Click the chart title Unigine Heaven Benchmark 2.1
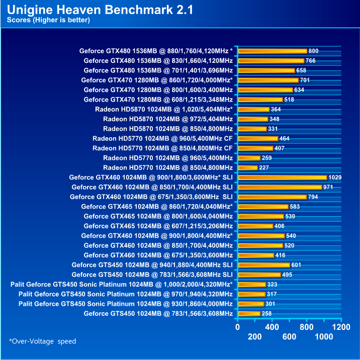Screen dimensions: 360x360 pos(100,10)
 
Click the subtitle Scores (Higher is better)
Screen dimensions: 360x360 pos(48,20)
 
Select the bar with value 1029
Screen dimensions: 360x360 pos(282,177)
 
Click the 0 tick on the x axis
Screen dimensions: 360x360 pos(238,327)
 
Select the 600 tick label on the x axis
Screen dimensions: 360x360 pos(290,337)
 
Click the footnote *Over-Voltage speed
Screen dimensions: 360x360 pos(42,341)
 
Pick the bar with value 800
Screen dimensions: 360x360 pos(272,51)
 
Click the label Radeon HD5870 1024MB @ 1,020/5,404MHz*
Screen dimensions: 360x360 pos(163,109)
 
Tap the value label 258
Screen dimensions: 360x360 pos(267,314)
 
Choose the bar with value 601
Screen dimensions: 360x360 pos(263,265)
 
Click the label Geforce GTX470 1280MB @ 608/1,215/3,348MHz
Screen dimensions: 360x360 pos(158,100)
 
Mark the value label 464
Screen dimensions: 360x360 pos(285,138)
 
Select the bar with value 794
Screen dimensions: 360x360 pos(272,197)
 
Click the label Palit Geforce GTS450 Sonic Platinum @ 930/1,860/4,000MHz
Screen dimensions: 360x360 pos(126,304)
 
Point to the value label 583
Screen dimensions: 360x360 pos(295,207)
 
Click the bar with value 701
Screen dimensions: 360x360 pos(268,80)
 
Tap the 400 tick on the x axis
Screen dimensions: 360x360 pos(272,327)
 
